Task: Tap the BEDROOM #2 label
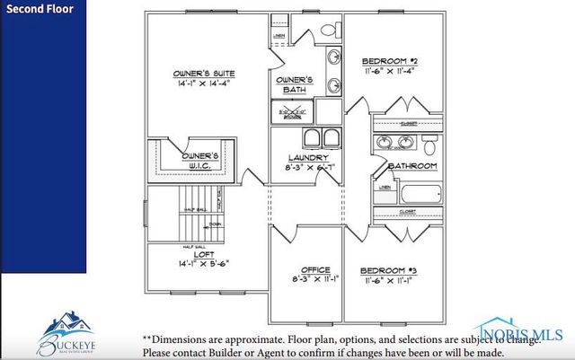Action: [389, 62]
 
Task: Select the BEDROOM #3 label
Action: [387, 270]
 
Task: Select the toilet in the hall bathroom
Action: [429, 145]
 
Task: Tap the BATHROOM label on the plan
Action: [411, 167]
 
